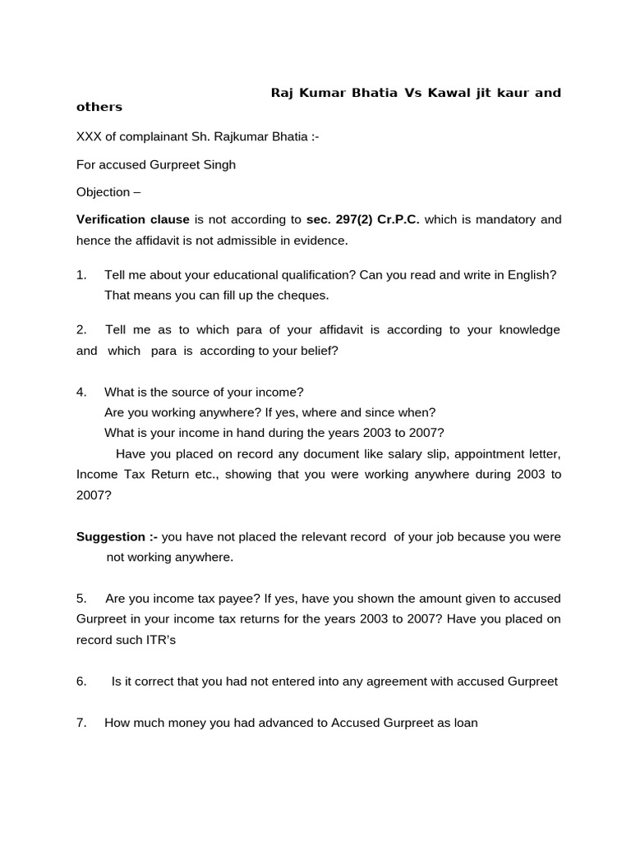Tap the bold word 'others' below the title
point(99,107)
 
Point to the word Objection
point(103,192)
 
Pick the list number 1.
point(81,274)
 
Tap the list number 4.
point(81,392)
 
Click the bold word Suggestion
point(111,536)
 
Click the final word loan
point(465,723)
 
